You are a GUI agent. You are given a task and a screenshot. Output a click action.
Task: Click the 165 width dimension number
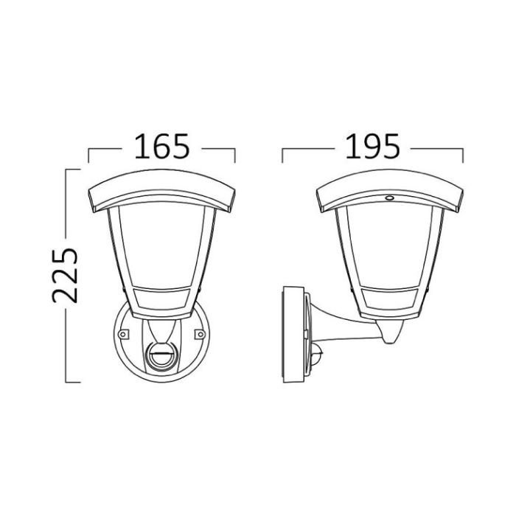click(x=162, y=147)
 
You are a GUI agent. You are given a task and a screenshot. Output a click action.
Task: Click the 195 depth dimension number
click(x=372, y=147)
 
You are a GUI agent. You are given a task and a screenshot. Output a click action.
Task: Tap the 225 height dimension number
click(x=65, y=275)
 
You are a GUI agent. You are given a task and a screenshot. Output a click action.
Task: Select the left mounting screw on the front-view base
click(x=123, y=335)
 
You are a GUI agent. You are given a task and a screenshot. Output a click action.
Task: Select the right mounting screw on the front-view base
click(x=200, y=335)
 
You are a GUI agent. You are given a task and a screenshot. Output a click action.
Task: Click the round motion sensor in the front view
click(x=161, y=357)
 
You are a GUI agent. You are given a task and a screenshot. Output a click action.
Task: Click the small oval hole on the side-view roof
click(x=389, y=198)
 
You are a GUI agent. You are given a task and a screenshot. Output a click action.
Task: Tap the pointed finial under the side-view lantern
click(x=391, y=331)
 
